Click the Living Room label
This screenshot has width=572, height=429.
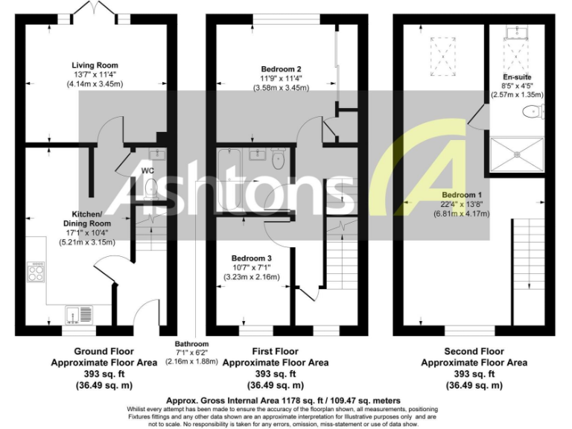(x=95, y=66)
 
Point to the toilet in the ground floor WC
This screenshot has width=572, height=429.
(x=151, y=186)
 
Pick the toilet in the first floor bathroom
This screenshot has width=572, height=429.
(x=278, y=159)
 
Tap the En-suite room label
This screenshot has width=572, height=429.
(x=517, y=77)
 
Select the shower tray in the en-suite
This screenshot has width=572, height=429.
(x=515, y=153)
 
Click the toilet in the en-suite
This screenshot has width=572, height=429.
(x=533, y=112)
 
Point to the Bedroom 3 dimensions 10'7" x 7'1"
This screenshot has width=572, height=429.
(x=251, y=267)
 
